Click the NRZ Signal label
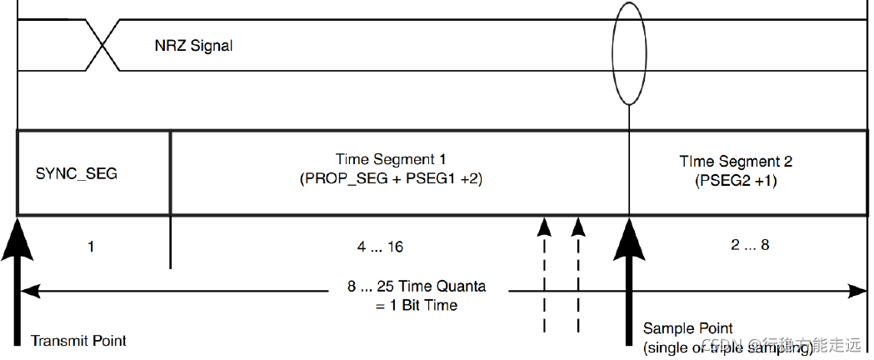(193, 46)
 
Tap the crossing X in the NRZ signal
(102, 46)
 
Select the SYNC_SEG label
(77, 174)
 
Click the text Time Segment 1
(397, 159)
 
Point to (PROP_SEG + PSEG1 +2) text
(397, 178)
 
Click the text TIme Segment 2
(736, 162)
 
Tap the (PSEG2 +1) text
(736, 179)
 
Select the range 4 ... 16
(380, 247)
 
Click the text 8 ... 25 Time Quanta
(417, 287)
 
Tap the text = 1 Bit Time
(417, 305)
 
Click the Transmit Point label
(78, 341)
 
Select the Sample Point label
(687, 329)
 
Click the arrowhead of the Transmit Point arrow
(17, 233)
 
